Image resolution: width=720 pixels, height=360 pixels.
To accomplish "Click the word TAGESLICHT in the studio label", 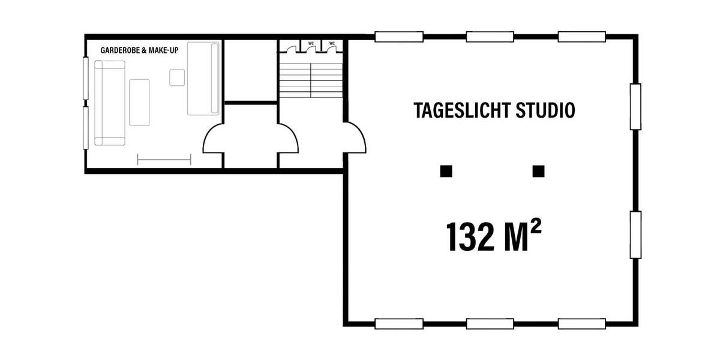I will coord(454,110).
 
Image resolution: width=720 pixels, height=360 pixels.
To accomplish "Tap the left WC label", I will coord(311,43).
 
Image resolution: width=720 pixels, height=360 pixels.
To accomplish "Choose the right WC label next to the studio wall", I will coord(332,43).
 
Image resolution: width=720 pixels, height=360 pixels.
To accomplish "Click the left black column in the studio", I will coord(445,172).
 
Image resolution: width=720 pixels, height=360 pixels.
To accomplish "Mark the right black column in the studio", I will coord(538,172).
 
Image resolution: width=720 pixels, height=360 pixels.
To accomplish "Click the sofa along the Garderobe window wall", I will coord(109,103).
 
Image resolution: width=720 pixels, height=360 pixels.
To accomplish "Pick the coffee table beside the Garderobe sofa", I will coord(139,102).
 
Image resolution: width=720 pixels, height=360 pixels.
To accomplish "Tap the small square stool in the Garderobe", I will coord(177,77).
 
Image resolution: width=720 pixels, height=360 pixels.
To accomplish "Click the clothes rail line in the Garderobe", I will coord(164,159).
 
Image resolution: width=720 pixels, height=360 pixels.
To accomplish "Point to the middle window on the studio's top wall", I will coord(490,37).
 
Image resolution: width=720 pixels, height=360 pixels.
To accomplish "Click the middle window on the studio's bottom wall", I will coord(490,324).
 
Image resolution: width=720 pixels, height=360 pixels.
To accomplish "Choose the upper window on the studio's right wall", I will coord(635,106).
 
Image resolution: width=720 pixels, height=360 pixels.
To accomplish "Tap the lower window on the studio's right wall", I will coord(635,234).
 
